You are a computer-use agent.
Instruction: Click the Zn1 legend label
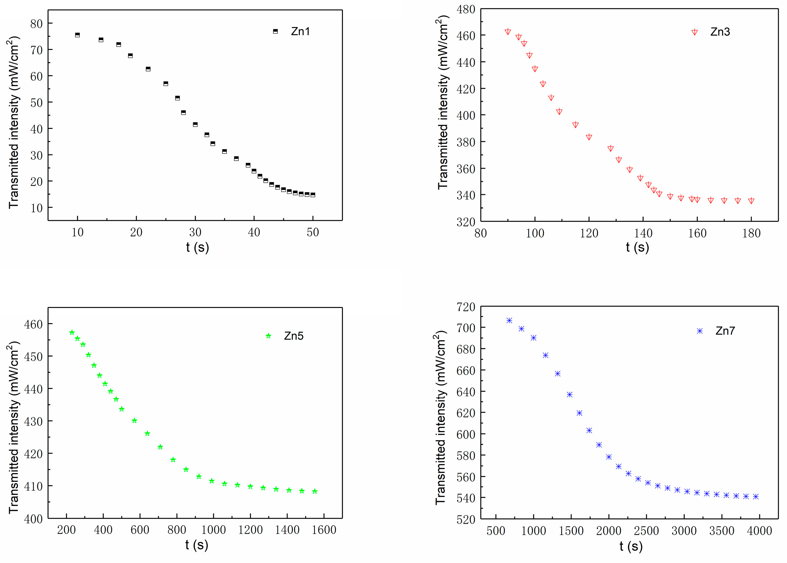click(x=300, y=32)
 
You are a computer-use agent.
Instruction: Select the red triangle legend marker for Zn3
click(x=694, y=32)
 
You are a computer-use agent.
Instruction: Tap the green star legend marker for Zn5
click(x=268, y=336)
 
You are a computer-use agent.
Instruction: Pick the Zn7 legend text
click(x=725, y=331)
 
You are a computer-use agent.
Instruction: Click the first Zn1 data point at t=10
click(x=77, y=35)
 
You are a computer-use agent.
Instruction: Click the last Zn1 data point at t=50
click(x=313, y=195)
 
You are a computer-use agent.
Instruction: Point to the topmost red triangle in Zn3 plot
click(x=508, y=32)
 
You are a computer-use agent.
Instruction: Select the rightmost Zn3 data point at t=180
click(x=751, y=201)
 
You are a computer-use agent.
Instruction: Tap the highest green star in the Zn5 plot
click(x=72, y=332)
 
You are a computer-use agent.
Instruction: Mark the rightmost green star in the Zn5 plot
click(x=314, y=491)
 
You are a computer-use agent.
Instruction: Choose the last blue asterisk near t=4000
click(x=756, y=497)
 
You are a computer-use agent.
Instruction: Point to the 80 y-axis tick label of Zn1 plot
click(x=36, y=24)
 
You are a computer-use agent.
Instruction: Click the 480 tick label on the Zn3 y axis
click(x=466, y=9)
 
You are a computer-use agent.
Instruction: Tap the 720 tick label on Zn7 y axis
click(x=466, y=307)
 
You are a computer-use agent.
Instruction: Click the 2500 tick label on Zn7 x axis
click(x=646, y=531)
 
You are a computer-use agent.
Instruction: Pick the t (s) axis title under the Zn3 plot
click(x=637, y=247)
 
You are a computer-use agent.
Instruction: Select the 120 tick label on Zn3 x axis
click(x=589, y=233)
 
